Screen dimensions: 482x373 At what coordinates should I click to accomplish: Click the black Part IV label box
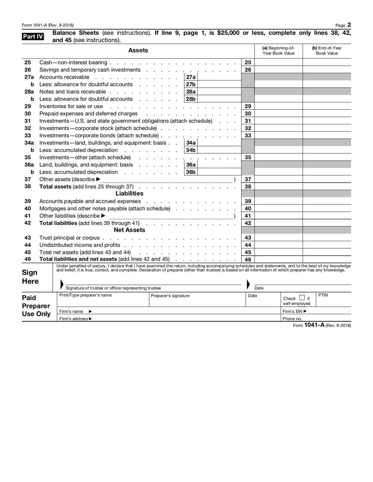(x=33, y=36)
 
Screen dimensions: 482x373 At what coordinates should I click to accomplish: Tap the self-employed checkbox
(x=302, y=298)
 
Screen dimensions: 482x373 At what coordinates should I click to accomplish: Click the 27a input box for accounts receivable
(x=220, y=77)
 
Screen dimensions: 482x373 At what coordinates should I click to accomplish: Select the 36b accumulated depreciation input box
(x=220, y=172)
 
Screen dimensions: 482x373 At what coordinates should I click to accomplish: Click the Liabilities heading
(x=129, y=193)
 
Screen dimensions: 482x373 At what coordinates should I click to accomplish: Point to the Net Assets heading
(x=129, y=230)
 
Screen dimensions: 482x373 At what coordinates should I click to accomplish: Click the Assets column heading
(x=138, y=50)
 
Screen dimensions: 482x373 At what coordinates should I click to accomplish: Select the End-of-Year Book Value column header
(x=326, y=50)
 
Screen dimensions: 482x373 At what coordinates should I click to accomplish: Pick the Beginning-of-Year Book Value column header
(x=278, y=50)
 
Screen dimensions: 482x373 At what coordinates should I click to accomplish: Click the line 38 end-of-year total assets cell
(x=326, y=186)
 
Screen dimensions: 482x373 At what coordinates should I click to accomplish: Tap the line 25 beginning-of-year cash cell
(x=278, y=62)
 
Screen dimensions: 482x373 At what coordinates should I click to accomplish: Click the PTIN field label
(x=323, y=295)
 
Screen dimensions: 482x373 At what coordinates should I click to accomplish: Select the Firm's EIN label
(x=295, y=311)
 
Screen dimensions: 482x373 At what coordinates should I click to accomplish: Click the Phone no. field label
(x=292, y=319)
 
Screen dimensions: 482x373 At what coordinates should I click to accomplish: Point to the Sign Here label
(x=30, y=277)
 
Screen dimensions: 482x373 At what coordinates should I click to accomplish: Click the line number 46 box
(x=248, y=259)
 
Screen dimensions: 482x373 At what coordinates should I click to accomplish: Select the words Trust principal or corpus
(x=69, y=238)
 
